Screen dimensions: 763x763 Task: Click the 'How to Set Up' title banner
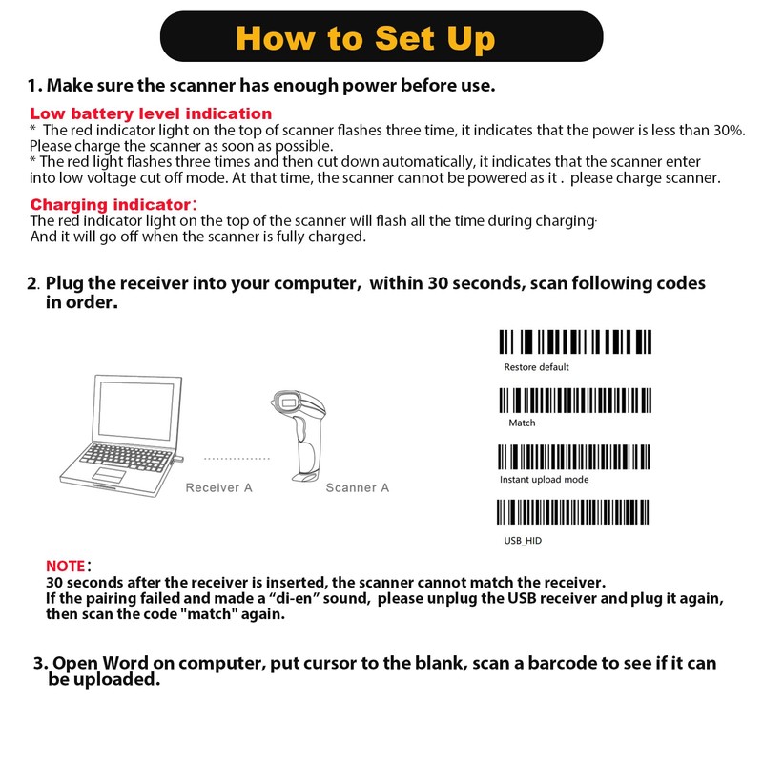tap(381, 38)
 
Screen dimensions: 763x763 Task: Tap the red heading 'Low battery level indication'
tap(151, 113)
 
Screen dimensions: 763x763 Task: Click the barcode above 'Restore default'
tap(575, 342)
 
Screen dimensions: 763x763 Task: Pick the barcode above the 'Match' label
tap(575, 400)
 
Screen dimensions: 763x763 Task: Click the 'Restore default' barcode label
tap(536, 367)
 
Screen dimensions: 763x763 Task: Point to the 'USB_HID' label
tap(523, 541)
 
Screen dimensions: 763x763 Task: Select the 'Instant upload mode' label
tap(544, 480)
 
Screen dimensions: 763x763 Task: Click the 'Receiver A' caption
tap(218, 487)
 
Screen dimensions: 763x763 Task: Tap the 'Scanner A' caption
tap(358, 487)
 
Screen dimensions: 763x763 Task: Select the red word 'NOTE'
tap(66, 566)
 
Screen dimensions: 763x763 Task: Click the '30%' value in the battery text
tap(729, 130)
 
